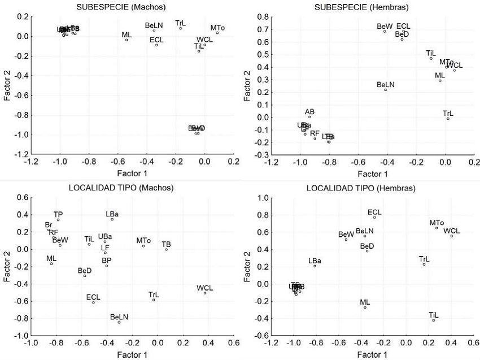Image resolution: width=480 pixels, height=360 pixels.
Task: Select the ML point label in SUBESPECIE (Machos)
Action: pos(126,35)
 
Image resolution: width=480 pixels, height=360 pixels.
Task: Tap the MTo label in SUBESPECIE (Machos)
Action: pos(217,28)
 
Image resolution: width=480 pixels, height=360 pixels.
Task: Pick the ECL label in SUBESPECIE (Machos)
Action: pos(156,40)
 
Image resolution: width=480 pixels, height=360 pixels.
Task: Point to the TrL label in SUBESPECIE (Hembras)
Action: pos(448,113)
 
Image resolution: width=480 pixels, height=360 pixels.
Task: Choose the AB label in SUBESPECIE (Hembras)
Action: pos(309,112)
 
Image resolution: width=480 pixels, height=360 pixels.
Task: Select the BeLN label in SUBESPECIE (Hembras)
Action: pos(386,84)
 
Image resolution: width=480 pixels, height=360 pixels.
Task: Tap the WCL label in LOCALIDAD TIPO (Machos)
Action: pos(205,288)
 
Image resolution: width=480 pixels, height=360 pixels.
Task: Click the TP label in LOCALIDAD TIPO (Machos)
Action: pos(58,214)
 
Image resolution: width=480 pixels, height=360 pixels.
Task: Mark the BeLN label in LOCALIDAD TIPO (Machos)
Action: pos(119,317)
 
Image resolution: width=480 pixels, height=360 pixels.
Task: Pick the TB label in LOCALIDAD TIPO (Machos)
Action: pos(166,244)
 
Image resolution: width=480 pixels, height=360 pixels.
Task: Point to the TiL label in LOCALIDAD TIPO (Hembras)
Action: pos(434,315)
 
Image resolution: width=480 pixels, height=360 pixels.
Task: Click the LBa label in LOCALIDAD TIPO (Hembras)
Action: pos(315,261)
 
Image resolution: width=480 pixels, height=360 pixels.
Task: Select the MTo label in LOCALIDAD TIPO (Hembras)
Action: pos(437,223)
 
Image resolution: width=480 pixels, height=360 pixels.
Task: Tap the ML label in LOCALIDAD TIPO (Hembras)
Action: pos(365,302)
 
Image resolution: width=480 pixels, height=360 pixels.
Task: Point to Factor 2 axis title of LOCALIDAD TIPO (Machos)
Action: pos(7,266)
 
